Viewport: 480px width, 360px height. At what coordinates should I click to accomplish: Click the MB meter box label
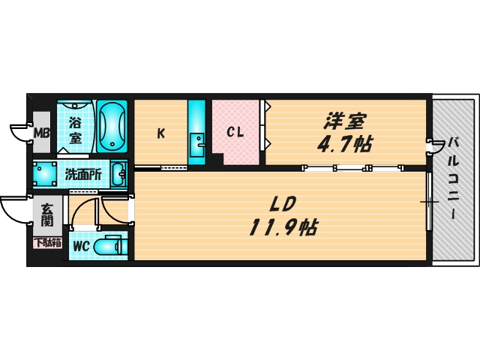click(41, 133)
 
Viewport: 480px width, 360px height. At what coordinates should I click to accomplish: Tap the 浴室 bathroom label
click(76, 129)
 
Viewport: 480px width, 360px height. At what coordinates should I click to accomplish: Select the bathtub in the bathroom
click(112, 125)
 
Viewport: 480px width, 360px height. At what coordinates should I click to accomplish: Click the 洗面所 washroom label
click(83, 175)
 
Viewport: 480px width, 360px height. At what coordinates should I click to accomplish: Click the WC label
click(81, 246)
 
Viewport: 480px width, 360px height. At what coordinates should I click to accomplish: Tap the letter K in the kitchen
click(160, 134)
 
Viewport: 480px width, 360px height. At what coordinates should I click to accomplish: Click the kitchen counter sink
click(196, 141)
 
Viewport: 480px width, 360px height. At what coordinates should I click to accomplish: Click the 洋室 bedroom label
click(346, 120)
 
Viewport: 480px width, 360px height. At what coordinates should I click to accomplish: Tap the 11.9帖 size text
click(283, 226)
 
